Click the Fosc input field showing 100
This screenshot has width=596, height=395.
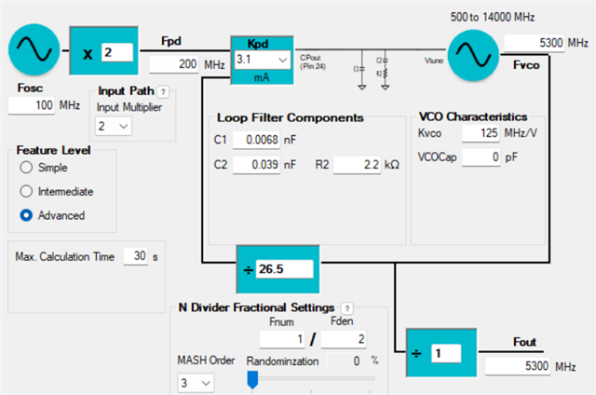coord(33,105)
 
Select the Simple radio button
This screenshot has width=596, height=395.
coord(25,167)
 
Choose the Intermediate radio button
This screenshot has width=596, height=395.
coord(25,191)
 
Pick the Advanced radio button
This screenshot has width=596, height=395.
coord(25,215)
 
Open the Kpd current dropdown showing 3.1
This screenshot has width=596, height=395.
coord(264,60)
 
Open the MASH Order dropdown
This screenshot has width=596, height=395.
coord(195,382)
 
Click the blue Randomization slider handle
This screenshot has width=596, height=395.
coord(251,378)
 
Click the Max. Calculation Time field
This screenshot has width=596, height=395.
coord(136,256)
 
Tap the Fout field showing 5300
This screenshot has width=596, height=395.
coord(518,366)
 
